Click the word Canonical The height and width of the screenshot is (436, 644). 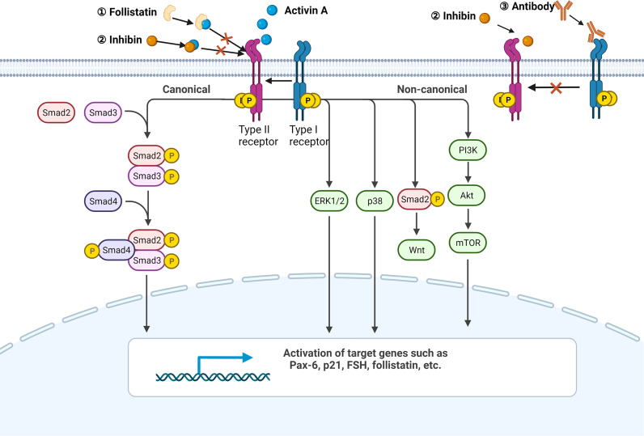pos(186,89)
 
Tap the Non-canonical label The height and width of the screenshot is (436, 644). pos(431,89)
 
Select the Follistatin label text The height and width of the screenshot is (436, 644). pos(133,13)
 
